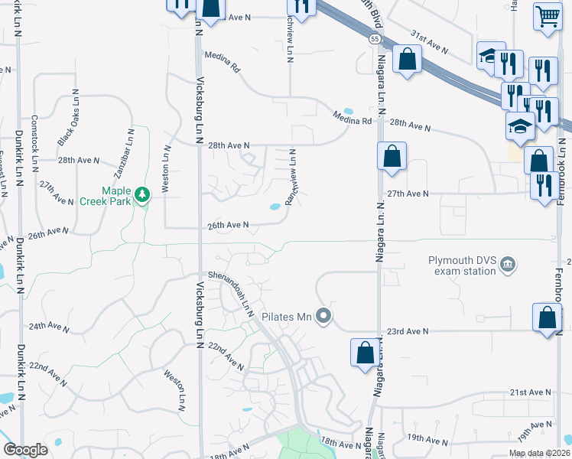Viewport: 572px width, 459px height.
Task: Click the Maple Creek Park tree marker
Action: pyautogui.click(x=141, y=195)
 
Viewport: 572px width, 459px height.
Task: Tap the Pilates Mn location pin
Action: pyautogui.click(x=324, y=315)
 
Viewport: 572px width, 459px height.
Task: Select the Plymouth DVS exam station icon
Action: pyautogui.click(x=507, y=265)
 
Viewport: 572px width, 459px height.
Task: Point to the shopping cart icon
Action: pyautogui.click(x=548, y=16)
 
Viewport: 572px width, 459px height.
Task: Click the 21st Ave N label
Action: pyautogui.click(x=530, y=392)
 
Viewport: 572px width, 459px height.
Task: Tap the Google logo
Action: pyautogui.click(x=25, y=449)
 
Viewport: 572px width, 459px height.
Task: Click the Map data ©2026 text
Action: pyautogui.click(x=539, y=453)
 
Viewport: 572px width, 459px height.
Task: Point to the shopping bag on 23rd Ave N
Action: pyautogui.click(x=548, y=319)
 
